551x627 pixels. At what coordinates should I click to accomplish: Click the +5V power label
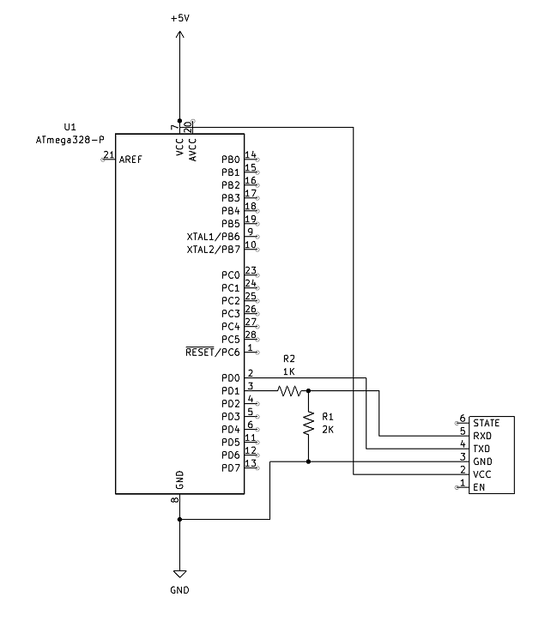[179, 17]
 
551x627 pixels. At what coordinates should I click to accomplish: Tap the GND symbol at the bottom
[179, 573]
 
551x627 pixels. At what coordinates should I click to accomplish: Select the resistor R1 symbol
[308, 425]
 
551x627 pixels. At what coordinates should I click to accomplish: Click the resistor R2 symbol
[290, 390]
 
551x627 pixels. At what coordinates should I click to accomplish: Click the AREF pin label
[130, 160]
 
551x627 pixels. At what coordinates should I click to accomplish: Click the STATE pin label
[486, 423]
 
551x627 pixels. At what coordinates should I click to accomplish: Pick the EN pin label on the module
[478, 487]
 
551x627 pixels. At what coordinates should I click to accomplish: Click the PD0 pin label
[230, 378]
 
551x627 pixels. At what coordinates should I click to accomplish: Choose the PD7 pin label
[230, 468]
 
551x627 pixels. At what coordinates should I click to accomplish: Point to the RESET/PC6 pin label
[213, 353]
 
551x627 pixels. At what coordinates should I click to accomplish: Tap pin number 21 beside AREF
[108, 154]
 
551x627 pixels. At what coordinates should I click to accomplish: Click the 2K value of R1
[328, 430]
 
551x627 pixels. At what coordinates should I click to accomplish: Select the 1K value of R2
[289, 371]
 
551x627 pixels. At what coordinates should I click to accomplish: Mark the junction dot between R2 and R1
[308, 390]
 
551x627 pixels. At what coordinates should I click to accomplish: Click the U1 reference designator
[70, 126]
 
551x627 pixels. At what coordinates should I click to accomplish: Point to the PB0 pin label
[230, 160]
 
